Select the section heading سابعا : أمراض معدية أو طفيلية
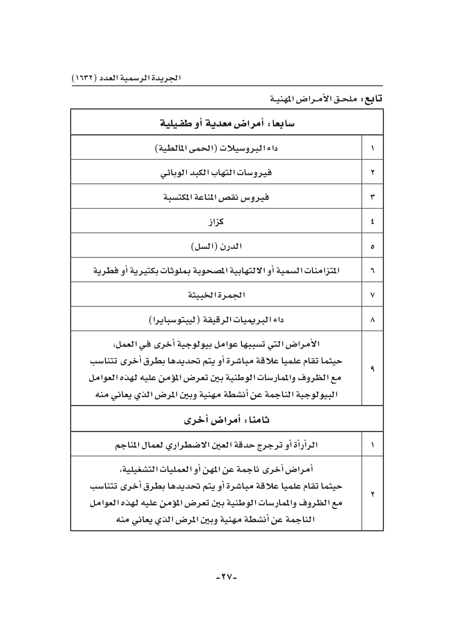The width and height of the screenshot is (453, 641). tap(227, 123)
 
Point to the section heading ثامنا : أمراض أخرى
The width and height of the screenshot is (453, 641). tap(227, 420)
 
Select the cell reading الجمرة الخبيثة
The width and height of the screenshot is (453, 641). tap(216, 295)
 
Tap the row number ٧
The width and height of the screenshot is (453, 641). tap(372, 295)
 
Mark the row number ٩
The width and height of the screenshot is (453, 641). tap(372, 369)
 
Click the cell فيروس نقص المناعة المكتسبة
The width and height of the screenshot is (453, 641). tap(216, 197)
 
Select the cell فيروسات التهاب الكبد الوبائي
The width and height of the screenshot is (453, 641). tap(216, 173)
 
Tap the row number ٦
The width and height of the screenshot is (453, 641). tap(372, 270)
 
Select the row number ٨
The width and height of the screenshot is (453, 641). tap(372, 320)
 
